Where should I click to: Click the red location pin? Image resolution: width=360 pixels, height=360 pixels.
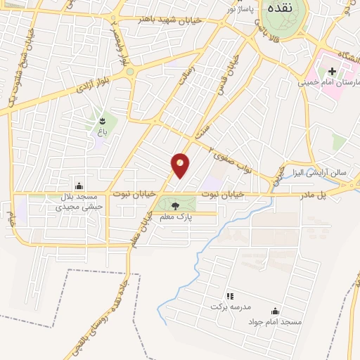181,165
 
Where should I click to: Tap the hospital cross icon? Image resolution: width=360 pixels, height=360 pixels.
331,71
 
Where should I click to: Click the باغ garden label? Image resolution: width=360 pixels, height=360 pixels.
102,131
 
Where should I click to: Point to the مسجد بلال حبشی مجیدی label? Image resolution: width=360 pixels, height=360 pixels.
79,202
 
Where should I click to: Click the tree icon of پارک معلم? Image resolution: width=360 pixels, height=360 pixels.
175,205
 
